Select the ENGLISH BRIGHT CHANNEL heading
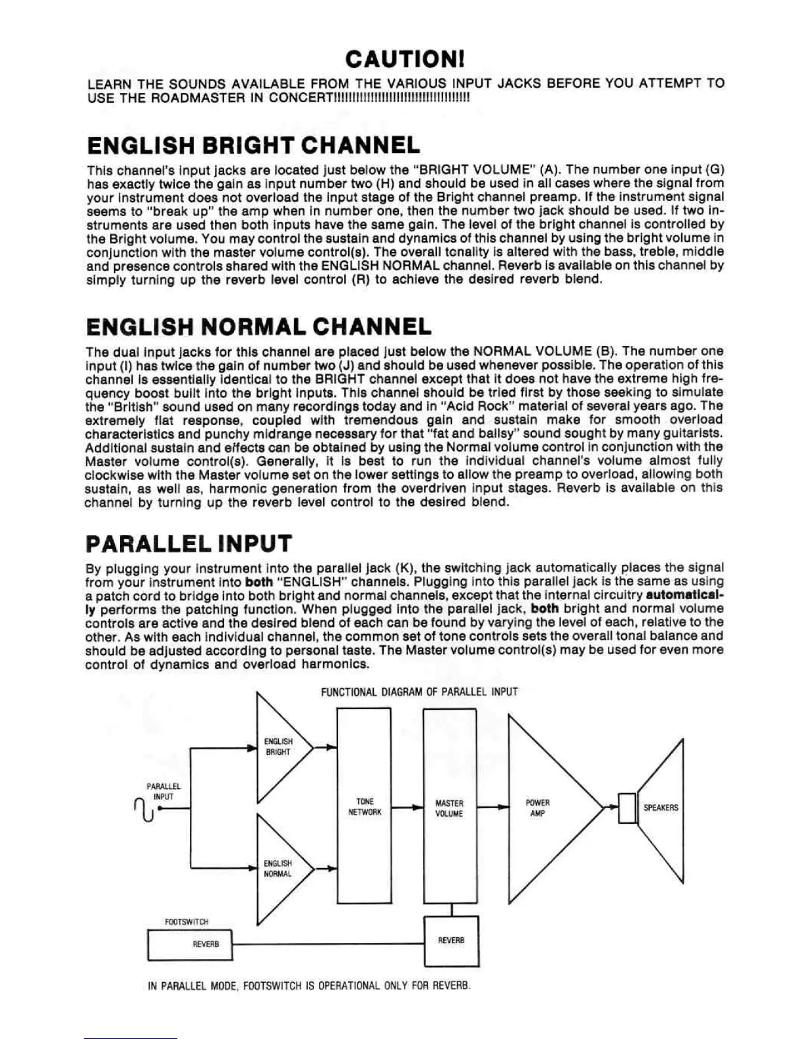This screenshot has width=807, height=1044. click(253, 145)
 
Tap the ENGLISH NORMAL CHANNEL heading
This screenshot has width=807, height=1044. click(258, 326)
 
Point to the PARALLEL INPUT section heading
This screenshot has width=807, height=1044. click(189, 543)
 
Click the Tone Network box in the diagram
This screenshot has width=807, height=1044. click(364, 807)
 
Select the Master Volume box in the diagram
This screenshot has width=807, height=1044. click(449, 808)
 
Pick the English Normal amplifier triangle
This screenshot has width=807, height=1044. click(278, 869)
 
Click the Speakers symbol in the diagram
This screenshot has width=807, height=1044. click(659, 808)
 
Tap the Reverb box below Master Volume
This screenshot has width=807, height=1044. click(451, 941)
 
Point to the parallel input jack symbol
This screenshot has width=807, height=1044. click(146, 809)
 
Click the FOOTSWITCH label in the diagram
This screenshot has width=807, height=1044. click(187, 922)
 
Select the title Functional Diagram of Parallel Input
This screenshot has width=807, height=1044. click(419, 692)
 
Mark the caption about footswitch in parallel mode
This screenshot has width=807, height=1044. click(309, 986)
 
